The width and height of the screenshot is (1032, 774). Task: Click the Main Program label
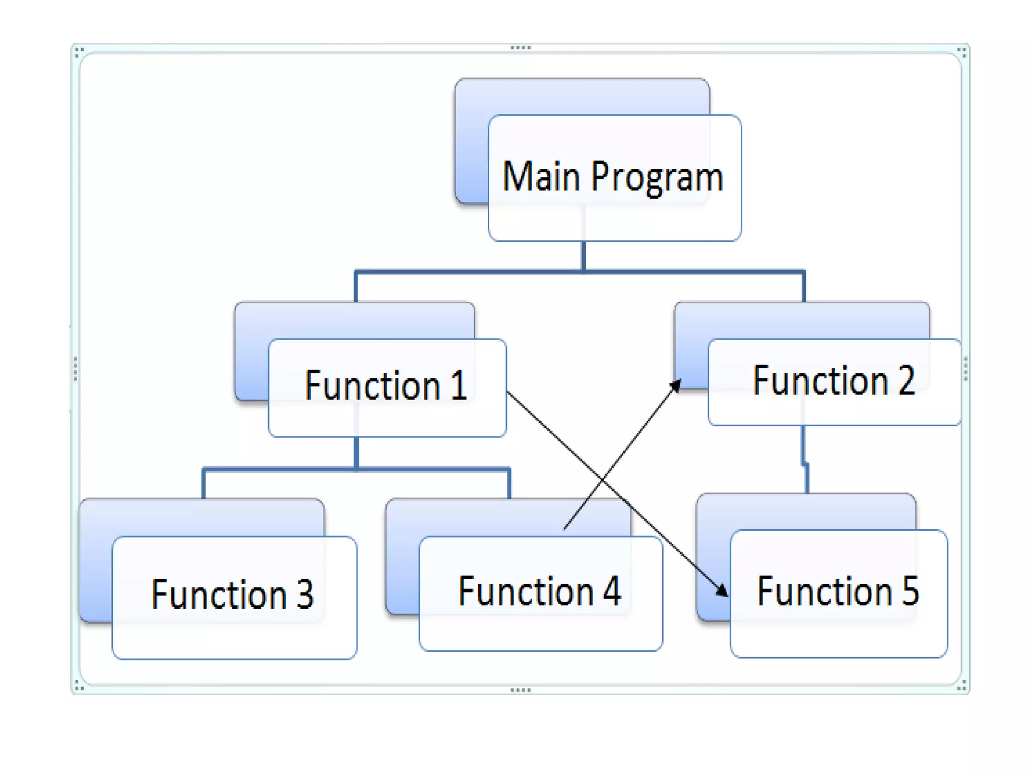[x=613, y=177]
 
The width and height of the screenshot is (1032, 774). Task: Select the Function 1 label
[x=386, y=385]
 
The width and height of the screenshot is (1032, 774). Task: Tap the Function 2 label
[x=834, y=380]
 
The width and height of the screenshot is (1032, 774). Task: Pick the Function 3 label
[x=232, y=595]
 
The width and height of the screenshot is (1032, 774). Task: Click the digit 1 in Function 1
[x=459, y=385]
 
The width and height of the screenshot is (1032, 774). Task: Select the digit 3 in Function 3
[x=305, y=595]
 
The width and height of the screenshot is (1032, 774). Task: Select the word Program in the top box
[x=658, y=178]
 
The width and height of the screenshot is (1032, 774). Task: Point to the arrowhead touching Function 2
[x=676, y=385]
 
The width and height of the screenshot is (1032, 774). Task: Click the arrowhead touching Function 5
[x=722, y=590]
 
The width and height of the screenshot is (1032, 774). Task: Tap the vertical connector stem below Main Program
[x=584, y=256]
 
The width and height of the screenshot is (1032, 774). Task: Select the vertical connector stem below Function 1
[x=356, y=453]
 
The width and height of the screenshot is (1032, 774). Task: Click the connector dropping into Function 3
[x=204, y=484]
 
